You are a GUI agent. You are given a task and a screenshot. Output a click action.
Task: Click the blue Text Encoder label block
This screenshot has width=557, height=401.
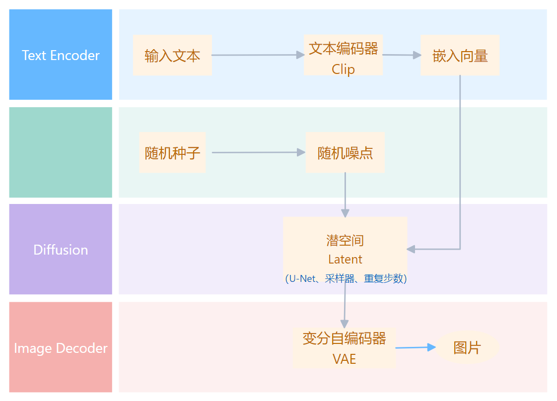point(61,55)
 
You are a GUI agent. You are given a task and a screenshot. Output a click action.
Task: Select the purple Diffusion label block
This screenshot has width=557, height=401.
point(61,249)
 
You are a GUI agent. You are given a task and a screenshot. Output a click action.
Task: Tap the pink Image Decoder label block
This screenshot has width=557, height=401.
point(61,347)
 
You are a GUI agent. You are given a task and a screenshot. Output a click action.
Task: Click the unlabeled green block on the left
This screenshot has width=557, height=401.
point(61,152)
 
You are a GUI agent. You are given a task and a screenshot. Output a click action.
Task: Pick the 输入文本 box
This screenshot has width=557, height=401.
point(172,55)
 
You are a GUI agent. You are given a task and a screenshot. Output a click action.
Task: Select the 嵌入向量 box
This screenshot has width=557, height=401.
point(460,55)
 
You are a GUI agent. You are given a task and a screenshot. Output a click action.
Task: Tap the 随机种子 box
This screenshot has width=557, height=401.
point(172,152)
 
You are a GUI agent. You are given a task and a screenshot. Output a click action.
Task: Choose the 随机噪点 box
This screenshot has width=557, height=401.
point(345,152)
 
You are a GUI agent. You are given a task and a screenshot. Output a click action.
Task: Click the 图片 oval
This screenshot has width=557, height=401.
point(467,347)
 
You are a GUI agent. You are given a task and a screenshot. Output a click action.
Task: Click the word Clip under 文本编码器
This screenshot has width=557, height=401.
point(343,69)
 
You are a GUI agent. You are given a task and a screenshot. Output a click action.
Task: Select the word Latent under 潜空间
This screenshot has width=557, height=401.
point(345,260)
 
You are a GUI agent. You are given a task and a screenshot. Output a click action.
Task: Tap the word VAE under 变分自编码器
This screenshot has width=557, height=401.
point(344,359)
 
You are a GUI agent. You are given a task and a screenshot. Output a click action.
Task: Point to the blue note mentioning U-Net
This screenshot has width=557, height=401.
point(346,279)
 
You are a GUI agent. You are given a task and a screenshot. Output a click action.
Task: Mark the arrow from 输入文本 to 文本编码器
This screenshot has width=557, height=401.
point(258,55)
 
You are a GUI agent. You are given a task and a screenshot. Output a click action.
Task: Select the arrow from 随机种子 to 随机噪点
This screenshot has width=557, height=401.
point(258,152)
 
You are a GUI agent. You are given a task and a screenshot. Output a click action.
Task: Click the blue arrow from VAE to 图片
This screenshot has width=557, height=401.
point(415,348)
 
